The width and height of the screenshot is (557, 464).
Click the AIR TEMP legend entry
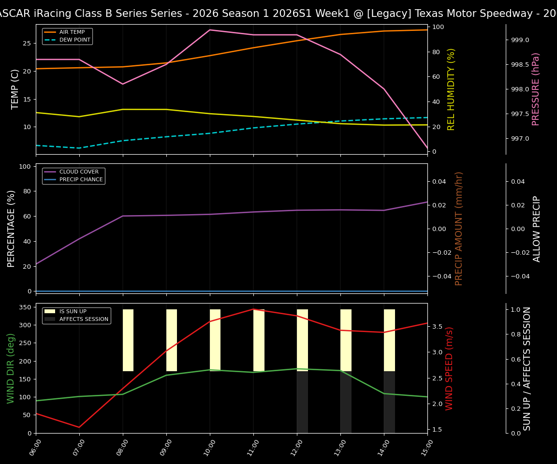72,32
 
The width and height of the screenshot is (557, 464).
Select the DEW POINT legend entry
74,40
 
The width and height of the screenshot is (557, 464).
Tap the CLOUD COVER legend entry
79,172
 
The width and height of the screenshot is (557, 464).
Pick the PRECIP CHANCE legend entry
81,180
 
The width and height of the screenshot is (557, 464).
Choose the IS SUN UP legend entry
73,312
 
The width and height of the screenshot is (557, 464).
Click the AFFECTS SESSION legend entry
84,319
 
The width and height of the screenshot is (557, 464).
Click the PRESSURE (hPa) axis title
536,89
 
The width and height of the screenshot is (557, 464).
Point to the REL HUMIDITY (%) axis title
451,89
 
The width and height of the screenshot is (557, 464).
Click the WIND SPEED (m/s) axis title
450,368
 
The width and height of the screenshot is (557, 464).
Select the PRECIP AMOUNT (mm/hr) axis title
459,228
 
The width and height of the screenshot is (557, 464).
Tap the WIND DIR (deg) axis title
11,368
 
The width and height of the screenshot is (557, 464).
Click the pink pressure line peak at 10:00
210,30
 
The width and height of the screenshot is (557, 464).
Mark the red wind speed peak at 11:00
253,309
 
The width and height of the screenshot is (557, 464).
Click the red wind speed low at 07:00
79,427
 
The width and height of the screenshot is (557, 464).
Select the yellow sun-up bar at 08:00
128,340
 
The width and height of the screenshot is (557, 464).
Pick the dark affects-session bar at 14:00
389,402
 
